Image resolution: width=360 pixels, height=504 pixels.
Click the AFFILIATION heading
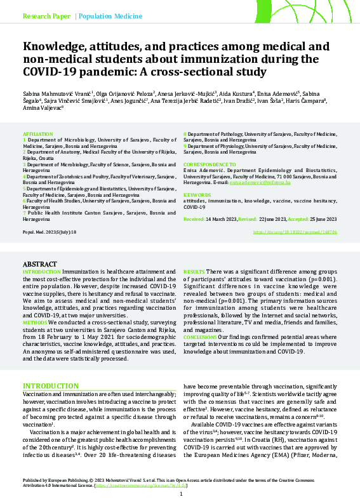pos(37,135)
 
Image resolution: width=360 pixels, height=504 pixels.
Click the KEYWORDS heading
pos(196,195)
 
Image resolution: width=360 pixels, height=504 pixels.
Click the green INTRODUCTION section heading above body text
pos(51,386)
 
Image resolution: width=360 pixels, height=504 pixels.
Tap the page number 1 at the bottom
pos(180,494)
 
